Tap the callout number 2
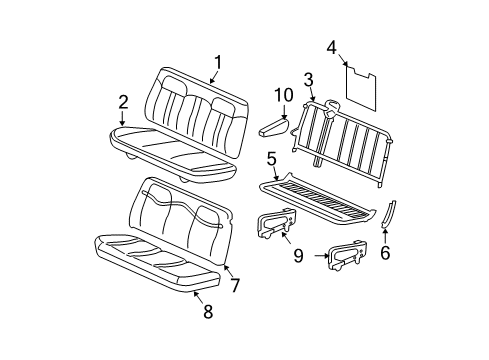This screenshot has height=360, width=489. coord(122,101)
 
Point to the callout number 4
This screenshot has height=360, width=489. coord(332,45)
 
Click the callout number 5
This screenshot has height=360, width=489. coord(271,158)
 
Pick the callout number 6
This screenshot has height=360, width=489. coord(386,254)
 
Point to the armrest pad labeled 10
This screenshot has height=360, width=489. coord(270,126)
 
